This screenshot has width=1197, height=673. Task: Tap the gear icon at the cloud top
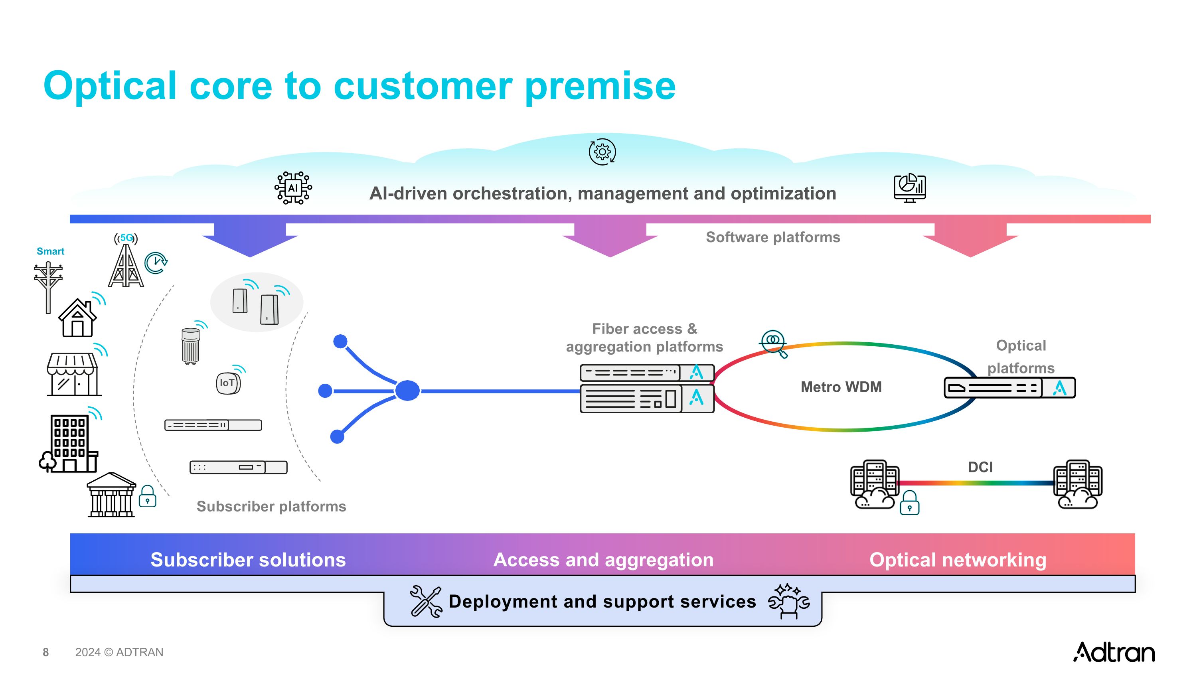[602, 152]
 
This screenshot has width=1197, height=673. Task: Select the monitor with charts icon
[909, 188]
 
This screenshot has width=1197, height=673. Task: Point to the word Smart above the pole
[50, 251]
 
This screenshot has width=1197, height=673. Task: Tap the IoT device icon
[228, 383]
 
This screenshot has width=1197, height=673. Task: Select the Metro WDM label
[841, 387]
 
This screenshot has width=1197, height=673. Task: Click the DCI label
[980, 467]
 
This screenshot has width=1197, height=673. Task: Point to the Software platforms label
[773, 237]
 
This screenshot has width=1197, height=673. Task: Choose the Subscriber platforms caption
[271, 506]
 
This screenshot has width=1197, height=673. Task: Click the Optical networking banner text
[958, 560]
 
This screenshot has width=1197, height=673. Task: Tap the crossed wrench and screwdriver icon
[426, 602]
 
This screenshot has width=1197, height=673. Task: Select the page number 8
[45, 652]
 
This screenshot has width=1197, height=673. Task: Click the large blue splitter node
[407, 391]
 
